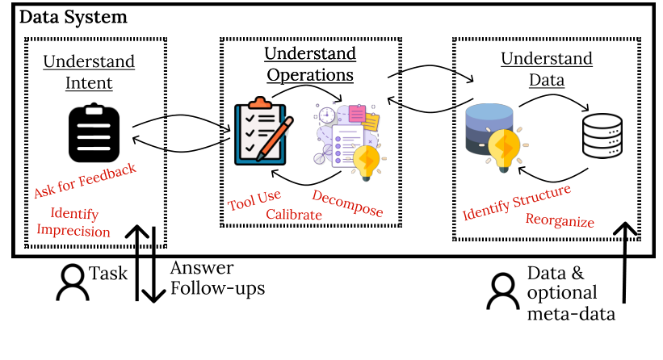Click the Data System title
[73, 18]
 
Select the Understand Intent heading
[89, 72]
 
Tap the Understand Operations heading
[310, 65]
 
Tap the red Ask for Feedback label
[85, 182]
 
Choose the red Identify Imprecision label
[74, 223]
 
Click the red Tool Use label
[254, 201]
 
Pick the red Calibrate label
[294, 215]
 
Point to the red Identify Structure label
[517, 203]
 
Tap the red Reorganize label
[560, 220]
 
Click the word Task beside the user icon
[108, 274]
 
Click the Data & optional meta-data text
[570, 293]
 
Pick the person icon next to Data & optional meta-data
[501, 292]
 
